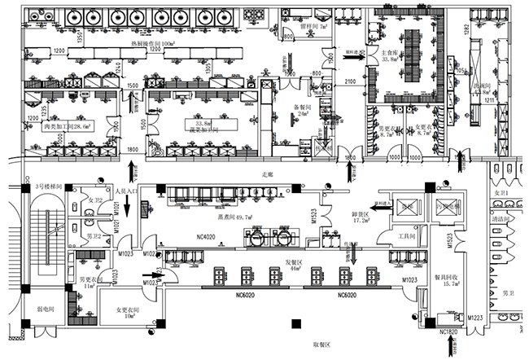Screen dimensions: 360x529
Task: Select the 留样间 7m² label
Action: coord(313,26)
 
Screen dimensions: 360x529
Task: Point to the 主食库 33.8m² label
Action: coord(389,55)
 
